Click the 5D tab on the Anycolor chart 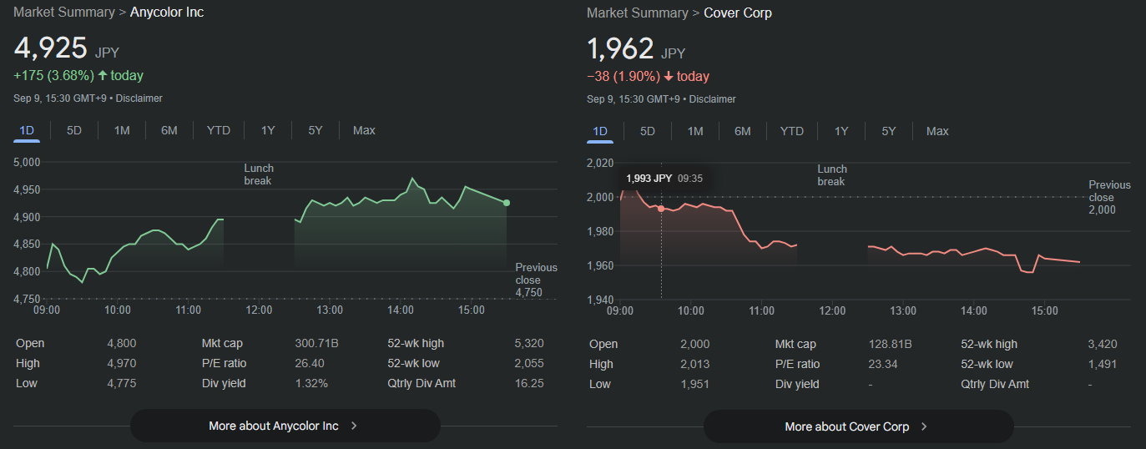(x=74, y=130)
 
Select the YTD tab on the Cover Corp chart (x=791, y=131)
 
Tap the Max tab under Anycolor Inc (x=364, y=130)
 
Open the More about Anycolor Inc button (x=285, y=426)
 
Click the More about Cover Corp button (x=858, y=426)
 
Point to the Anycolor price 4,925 (x=51, y=48)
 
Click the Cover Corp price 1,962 (x=620, y=48)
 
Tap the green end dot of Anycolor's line (x=507, y=203)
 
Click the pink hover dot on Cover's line (x=661, y=209)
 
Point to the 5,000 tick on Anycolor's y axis (x=28, y=162)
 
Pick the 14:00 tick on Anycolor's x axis (x=401, y=310)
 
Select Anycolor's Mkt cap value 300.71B (x=316, y=343)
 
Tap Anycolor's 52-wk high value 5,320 (x=529, y=343)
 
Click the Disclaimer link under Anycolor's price (x=139, y=98)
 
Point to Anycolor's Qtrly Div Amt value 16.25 (x=529, y=383)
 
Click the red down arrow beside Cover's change (x=669, y=77)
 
